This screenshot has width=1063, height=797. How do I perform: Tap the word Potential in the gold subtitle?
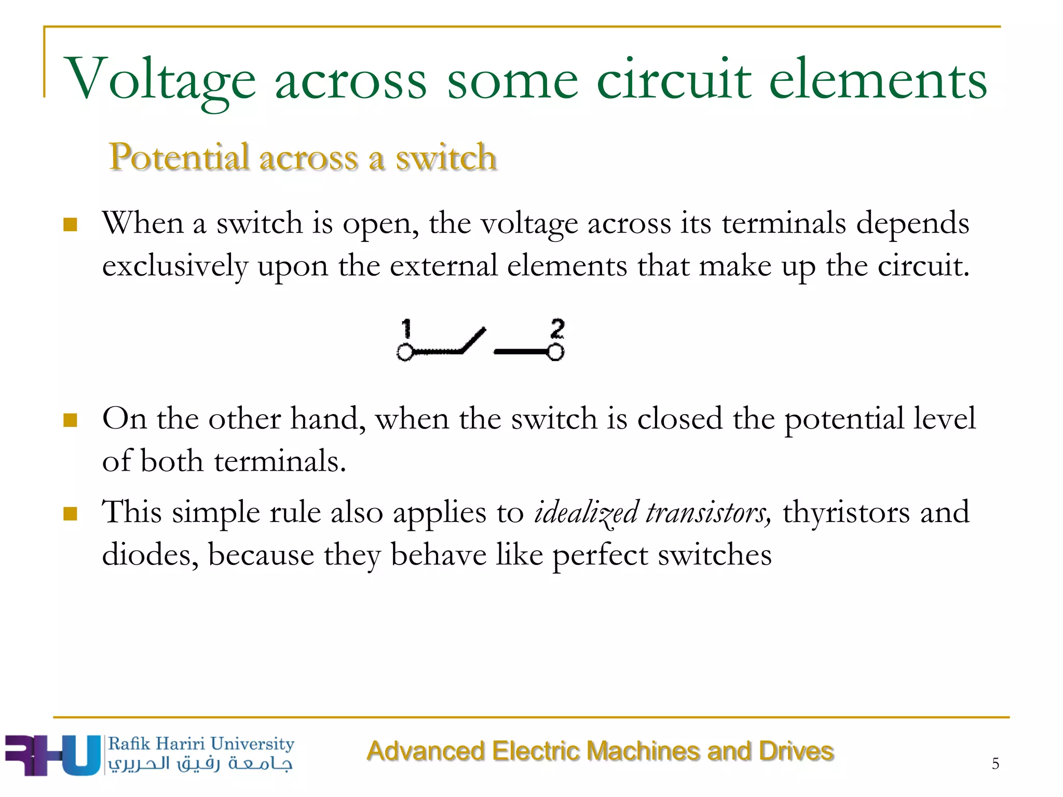[179, 157]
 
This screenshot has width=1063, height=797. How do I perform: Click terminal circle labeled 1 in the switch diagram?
[405, 352]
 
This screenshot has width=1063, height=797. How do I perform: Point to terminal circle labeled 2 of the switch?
[555, 352]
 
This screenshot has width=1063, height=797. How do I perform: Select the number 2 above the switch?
[557, 328]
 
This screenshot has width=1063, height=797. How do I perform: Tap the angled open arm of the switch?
[473, 340]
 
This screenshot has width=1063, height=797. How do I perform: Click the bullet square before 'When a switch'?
[70, 225]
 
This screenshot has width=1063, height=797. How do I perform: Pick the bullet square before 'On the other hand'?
[70, 420]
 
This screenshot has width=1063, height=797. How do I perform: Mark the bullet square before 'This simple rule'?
[70, 514]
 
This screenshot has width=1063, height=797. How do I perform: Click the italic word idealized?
[586, 513]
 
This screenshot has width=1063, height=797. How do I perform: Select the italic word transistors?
[708, 513]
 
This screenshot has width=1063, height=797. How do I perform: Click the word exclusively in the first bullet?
[175, 267]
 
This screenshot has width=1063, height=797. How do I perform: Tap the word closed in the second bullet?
[679, 419]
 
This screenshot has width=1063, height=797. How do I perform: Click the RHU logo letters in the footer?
[52, 755]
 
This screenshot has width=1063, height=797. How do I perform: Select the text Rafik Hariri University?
[201, 744]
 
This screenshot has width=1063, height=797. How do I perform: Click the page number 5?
[995, 763]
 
